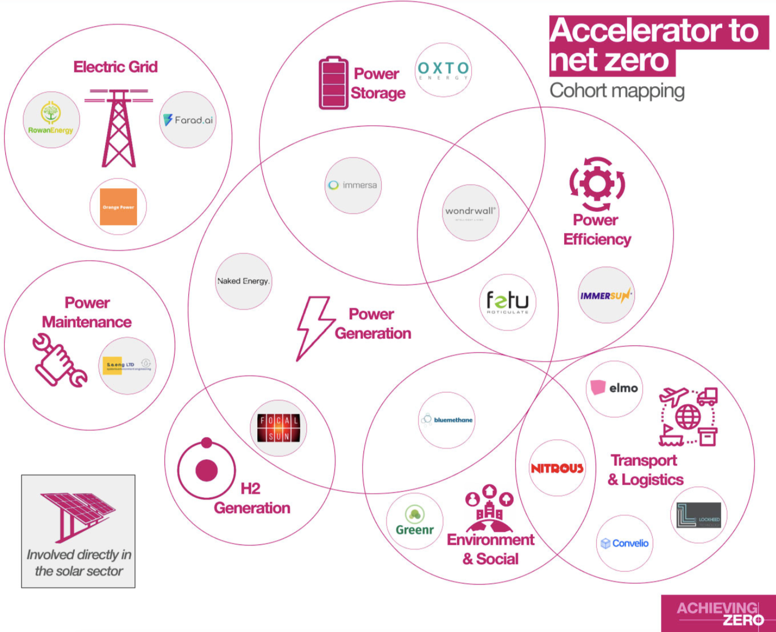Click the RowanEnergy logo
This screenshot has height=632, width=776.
[51, 120]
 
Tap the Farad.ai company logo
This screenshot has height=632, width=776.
[188, 120]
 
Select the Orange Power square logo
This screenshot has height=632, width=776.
[118, 207]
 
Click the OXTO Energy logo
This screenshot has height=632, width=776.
[443, 70]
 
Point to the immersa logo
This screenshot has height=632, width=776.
[353, 185]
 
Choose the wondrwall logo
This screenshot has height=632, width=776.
[470, 212]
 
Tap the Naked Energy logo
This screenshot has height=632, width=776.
[244, 281]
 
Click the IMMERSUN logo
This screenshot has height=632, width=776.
[606, 296]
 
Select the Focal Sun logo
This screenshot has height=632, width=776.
[279, 428]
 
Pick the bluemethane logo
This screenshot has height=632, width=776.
[447, 420]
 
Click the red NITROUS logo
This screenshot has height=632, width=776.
[557, 468]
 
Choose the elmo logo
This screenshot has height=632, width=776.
[614, 388]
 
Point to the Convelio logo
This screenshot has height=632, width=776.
[624, 543]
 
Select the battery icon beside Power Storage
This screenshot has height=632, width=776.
[334, 83]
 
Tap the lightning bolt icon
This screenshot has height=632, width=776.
[314, 327]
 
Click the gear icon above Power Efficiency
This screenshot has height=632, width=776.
[597, 183]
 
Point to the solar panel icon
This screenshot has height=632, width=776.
[77, 514]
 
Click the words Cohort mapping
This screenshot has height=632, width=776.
[617, 91]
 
